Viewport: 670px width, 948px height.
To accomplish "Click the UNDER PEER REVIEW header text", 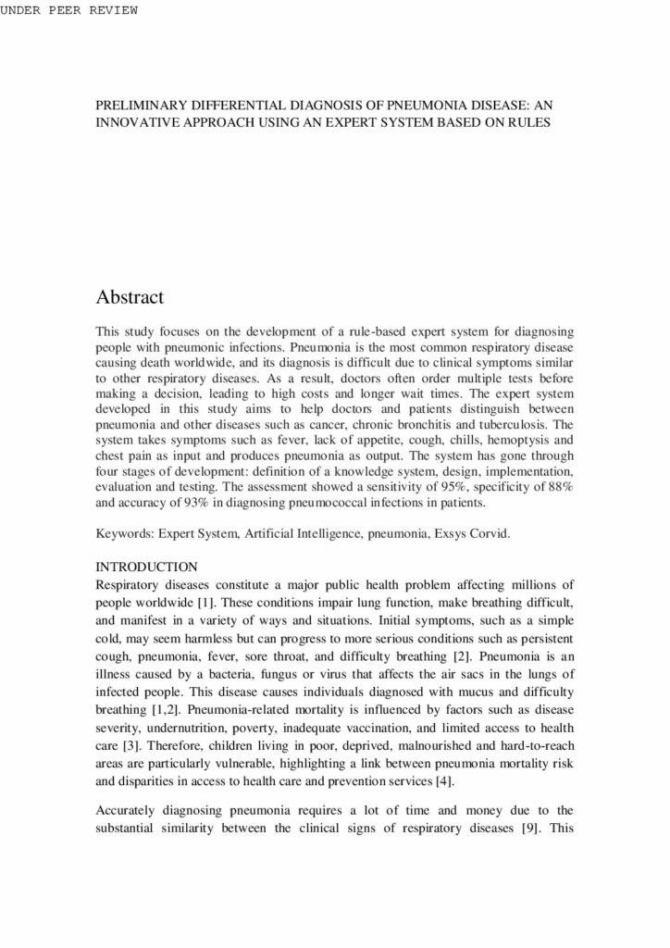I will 68,10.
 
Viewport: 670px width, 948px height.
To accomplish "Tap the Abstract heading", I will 130,297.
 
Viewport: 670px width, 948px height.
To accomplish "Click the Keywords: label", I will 125,535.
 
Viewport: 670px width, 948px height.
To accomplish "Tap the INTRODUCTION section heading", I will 146,566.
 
